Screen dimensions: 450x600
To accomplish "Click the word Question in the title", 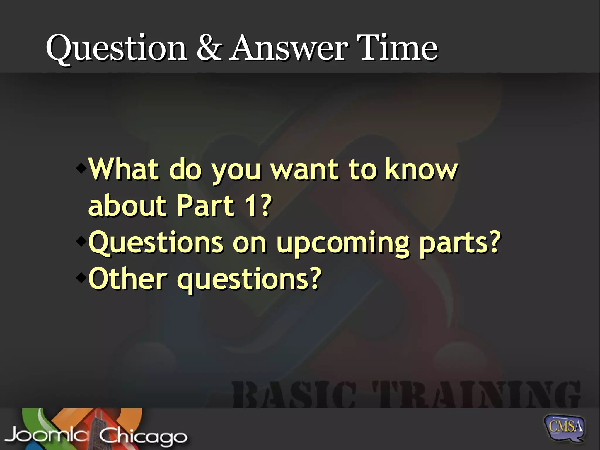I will tap(116, 48).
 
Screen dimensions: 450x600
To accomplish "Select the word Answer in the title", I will tap(289, 48).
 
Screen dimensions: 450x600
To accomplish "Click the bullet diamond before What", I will tap(81, 168).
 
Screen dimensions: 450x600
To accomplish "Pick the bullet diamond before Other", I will tap(81, 277).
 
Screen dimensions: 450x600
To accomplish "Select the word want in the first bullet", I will tap(304, 170).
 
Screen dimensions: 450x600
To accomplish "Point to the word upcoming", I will tap(343, 243).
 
